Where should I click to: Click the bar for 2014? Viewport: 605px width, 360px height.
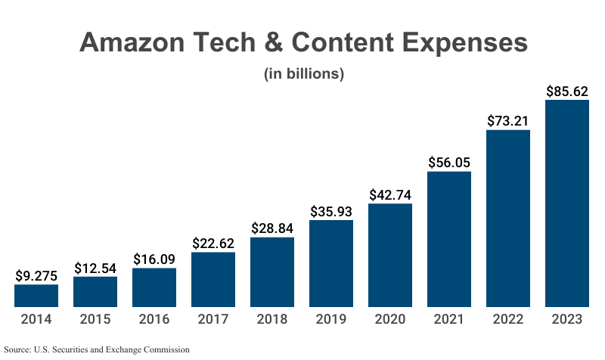[36, 296]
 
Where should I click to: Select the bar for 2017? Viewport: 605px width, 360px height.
[213, 279]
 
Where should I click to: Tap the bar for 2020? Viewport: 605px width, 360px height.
[390, 255]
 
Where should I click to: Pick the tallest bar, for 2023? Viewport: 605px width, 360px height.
[567, 203]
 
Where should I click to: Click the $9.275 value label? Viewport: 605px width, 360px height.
[36, 275]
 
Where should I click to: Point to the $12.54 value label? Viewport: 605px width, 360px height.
[95, 268]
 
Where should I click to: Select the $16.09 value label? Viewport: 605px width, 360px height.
[154, 259]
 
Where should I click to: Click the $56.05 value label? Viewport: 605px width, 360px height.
[449, 162]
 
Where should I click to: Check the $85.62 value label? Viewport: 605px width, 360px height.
[567, 91]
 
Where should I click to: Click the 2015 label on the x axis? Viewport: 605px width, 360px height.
[95, 319]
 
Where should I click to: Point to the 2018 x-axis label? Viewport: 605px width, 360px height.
[272, 319]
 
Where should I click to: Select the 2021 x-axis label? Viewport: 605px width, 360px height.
[449, 319]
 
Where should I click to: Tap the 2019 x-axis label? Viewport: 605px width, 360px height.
[331, 319]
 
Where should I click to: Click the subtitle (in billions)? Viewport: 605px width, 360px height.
[303, 74]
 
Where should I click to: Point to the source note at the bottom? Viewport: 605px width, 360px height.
[96, 349]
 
